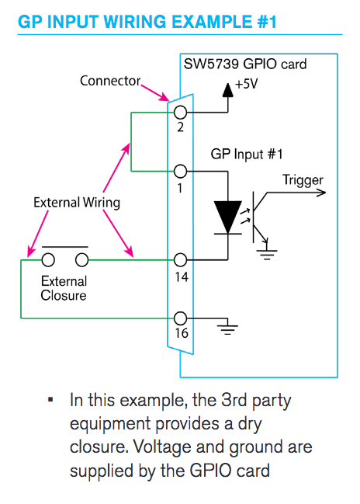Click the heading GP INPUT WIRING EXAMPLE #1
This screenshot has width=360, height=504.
tap(147, 21)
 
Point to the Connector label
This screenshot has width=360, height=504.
tap(110, 81)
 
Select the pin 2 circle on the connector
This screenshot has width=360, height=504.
tap(181, 113)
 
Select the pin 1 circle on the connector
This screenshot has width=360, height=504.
tap(181, 171)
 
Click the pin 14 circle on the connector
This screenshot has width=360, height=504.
tap(181, 259)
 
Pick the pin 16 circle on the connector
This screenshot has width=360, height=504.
tap(181, 318)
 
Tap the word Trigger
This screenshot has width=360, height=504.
tap(303, 180)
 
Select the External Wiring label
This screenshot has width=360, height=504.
tap(77, 203)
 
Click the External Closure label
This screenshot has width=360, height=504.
tap(64, 288)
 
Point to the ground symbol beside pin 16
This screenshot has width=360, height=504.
tap(227, 327)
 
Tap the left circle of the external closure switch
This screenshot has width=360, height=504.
tap(48, 259)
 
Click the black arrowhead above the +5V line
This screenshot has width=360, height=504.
tap(227, 90)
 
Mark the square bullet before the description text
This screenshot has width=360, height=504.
tap(50, 401)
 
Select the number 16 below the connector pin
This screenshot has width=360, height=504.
tap(181, 334)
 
